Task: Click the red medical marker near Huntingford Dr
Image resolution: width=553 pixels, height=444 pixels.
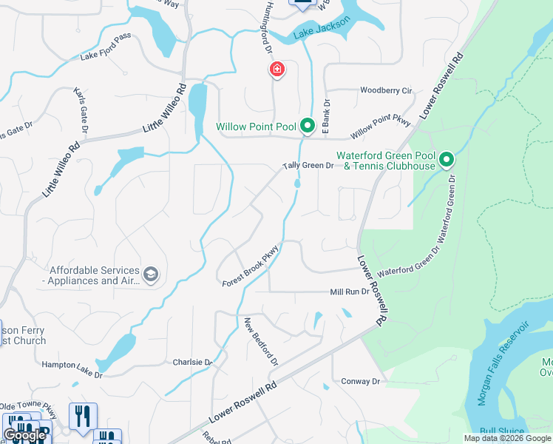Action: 276,70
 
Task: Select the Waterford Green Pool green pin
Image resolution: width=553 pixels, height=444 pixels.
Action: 446,160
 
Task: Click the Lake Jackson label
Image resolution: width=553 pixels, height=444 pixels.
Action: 320,31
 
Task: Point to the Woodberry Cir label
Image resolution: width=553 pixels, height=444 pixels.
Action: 385,90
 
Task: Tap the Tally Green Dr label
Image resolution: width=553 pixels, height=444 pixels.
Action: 308,166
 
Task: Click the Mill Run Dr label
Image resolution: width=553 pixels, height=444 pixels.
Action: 349,292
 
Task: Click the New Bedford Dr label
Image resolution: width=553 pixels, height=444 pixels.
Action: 261,342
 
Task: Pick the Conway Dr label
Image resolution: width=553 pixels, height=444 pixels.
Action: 360,381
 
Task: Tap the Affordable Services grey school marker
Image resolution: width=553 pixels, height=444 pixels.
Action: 152,275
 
